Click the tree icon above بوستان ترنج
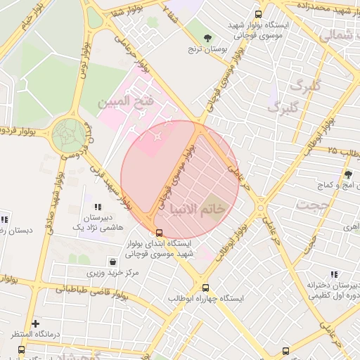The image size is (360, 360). pyautogui.click(x=207, y=38)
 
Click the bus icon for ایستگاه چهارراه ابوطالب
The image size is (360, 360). pyautogui.click(x=205, y=288)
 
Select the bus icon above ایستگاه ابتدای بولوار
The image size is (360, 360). pyautogui.click(x=159, y=233)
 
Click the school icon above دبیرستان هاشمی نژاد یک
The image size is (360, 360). pyautogui.click(x=98, y=207)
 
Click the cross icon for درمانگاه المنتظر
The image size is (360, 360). pyautogui.click(x=35, y=323)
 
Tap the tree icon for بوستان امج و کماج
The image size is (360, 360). pyautogui.click(x=347, y=174)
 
